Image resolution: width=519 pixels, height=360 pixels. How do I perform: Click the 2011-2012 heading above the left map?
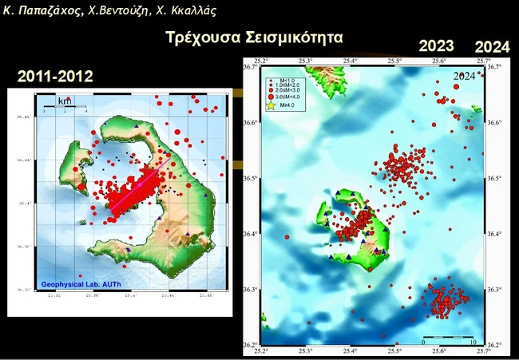(x=55, y=77)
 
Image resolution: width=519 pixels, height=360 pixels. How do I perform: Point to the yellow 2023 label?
(x=436, y=46)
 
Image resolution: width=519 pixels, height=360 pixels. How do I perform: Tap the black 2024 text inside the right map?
(x=465, y=76)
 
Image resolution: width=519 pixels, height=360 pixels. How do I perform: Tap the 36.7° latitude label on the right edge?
(x=494, y=67)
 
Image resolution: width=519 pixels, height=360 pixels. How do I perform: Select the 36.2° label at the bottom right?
(x=494, y=345)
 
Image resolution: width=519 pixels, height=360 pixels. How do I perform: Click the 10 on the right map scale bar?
(x=473, y=342)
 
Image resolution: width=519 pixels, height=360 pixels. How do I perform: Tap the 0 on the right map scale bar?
(x=422, y=342)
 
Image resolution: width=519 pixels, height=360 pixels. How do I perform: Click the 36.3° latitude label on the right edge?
(x=494, y=289)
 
